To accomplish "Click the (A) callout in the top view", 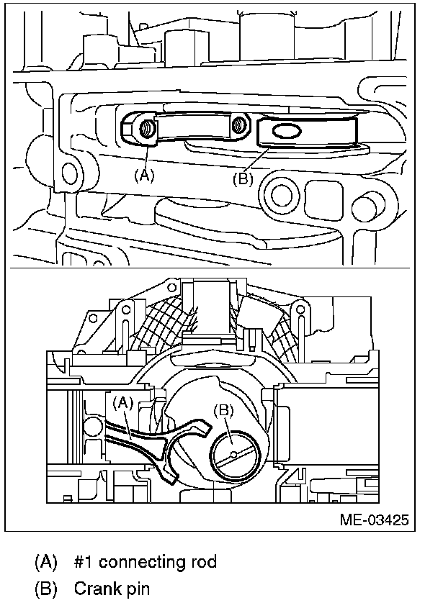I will [x=145, y=175].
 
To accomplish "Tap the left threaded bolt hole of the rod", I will [x=146, y=129].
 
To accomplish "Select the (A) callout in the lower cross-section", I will [x=123, y=404].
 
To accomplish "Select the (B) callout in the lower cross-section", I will [x=225, y=411].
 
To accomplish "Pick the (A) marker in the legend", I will [x=45, y=561].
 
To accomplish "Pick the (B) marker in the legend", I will [x=45, y=589].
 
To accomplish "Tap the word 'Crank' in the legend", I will [x=94, y=589].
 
